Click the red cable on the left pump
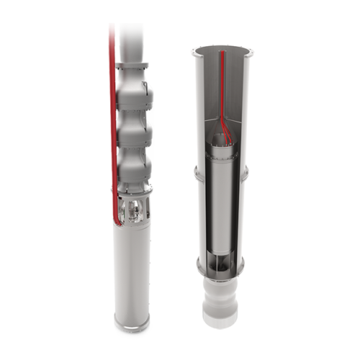click(x=112, y=108)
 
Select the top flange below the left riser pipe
click(x=134, y=67)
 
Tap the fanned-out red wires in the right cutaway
click(x=225, y=130)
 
